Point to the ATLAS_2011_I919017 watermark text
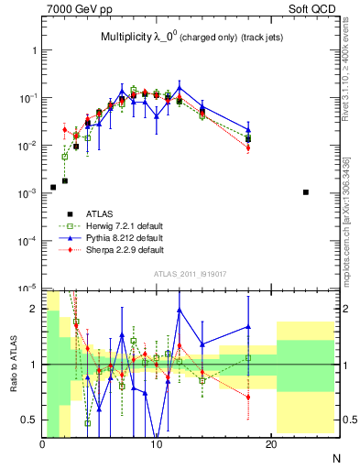click(x=191, y=272)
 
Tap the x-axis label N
click(x=335, y=457)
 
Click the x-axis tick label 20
click(x=271, y=445)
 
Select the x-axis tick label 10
click(x=157, y=445)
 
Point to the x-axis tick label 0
click(x=42, y=445)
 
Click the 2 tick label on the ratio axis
click(x=34, y=309)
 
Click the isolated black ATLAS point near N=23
click(x=305, y=192)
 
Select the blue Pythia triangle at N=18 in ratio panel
click(x=248, y=327)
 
